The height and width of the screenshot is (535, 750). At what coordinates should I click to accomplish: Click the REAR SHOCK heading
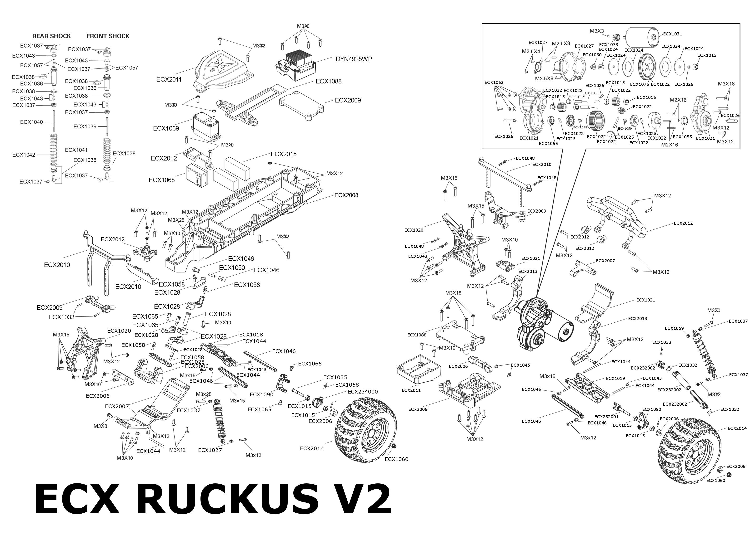51,36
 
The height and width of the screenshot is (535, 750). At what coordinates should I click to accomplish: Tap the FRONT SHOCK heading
108,36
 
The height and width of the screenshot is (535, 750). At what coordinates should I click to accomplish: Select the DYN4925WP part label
354,59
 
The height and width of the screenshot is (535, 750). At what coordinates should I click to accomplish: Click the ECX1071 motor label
672,34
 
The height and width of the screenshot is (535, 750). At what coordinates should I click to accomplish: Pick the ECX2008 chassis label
346,195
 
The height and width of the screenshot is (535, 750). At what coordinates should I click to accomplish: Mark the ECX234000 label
362,392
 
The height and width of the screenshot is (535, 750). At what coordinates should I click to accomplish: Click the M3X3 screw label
597,31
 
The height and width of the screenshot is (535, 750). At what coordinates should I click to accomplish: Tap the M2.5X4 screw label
531,51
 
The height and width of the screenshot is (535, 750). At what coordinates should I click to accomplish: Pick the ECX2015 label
283,154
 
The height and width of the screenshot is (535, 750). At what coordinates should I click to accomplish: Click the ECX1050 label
232,268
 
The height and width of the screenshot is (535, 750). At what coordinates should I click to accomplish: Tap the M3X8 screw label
100,426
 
